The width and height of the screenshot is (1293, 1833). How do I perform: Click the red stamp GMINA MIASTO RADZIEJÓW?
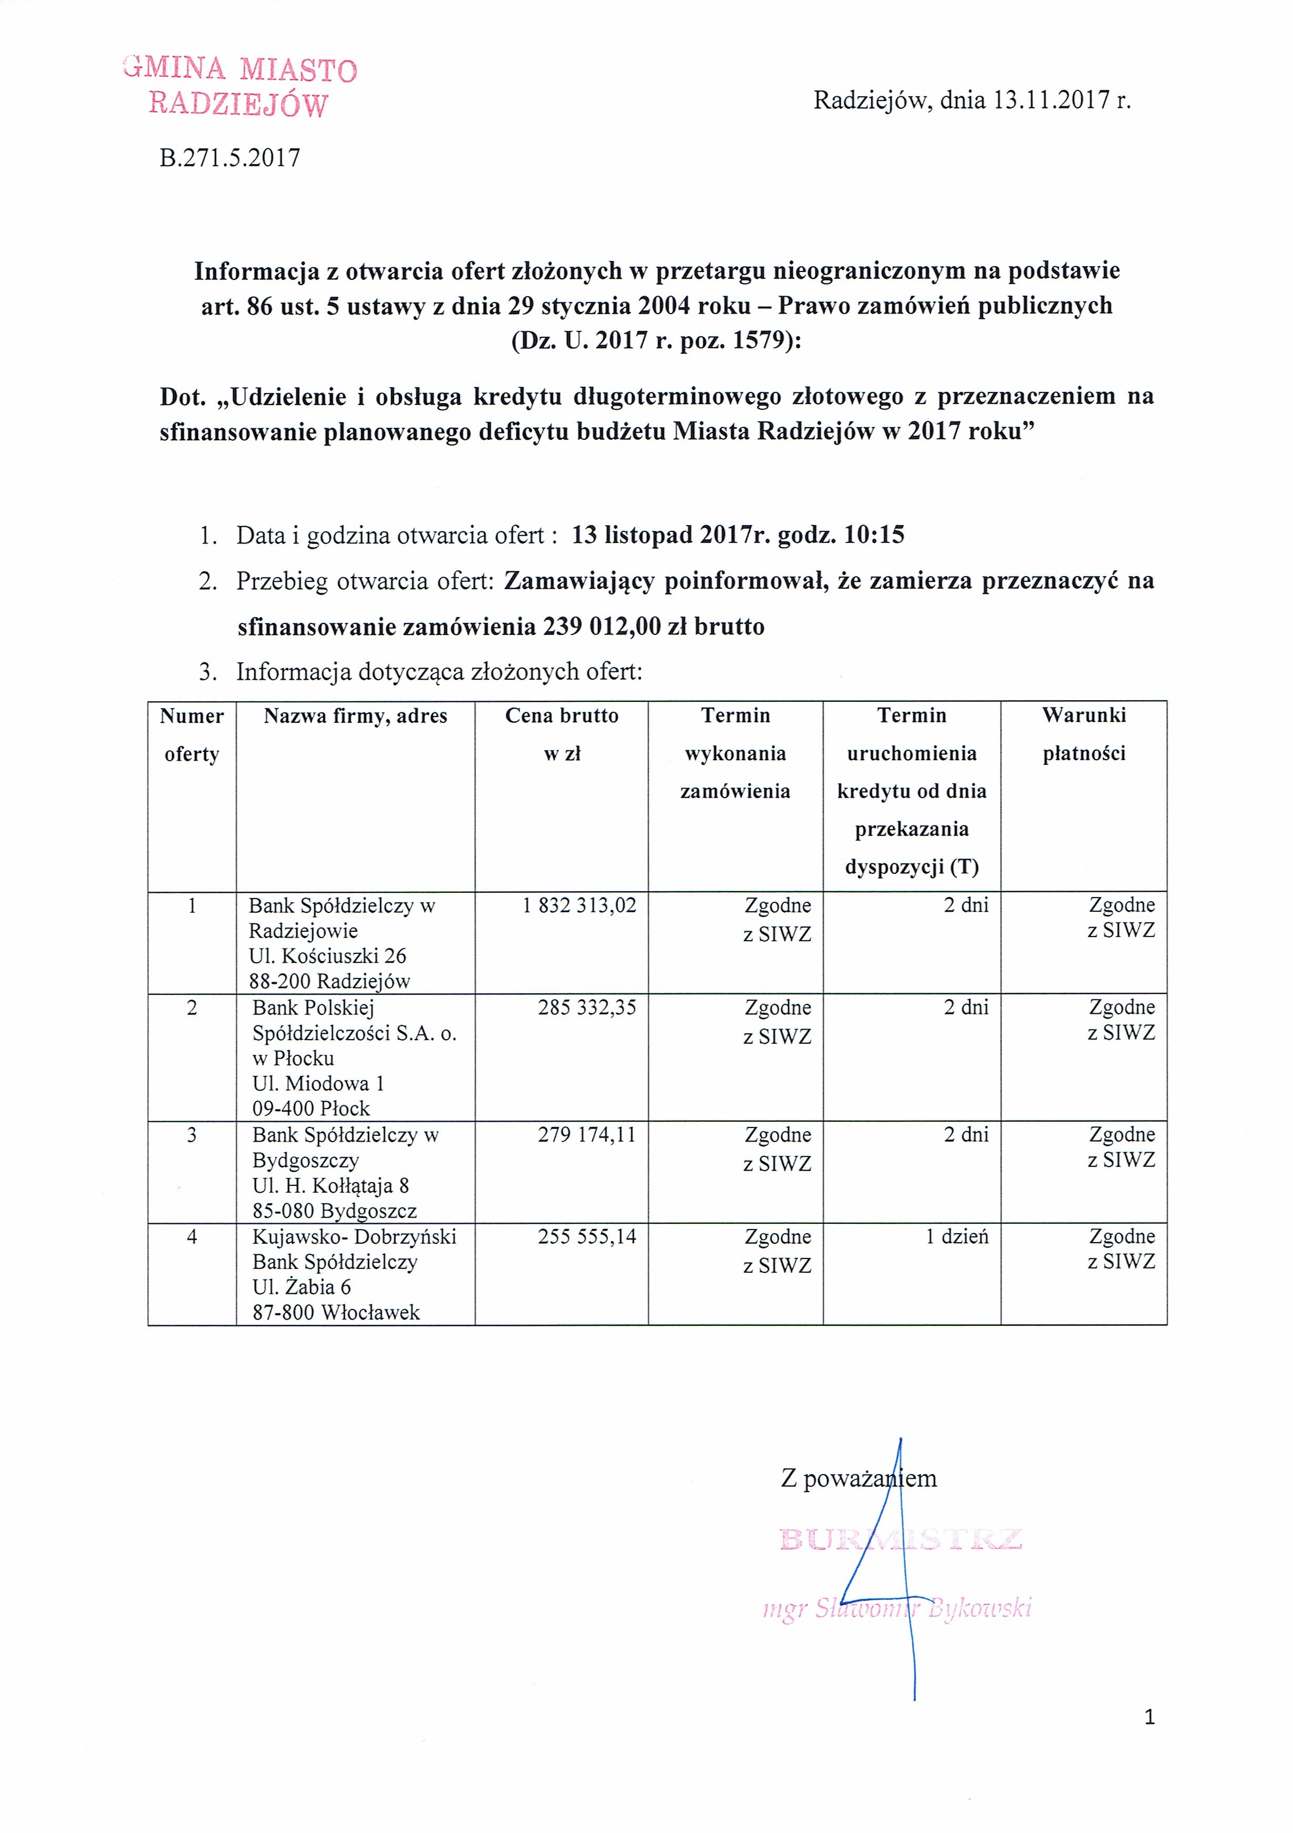tap(240, 87)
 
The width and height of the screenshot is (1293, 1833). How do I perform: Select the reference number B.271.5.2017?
tap(230, 158)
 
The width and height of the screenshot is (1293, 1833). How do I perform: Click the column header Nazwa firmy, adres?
tap(355, 716)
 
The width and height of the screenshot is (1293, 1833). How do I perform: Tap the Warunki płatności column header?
tap(1084, 734)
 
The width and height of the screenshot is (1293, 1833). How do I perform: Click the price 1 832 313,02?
tap(579, 905)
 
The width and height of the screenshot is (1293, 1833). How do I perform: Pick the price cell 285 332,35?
tap(587, 1008)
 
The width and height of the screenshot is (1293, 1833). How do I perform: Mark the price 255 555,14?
tap(587, 1236)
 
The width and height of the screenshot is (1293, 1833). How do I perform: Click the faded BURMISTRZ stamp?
tap(900, 1539)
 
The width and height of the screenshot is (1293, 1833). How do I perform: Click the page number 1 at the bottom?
tap(1149, 1717)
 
